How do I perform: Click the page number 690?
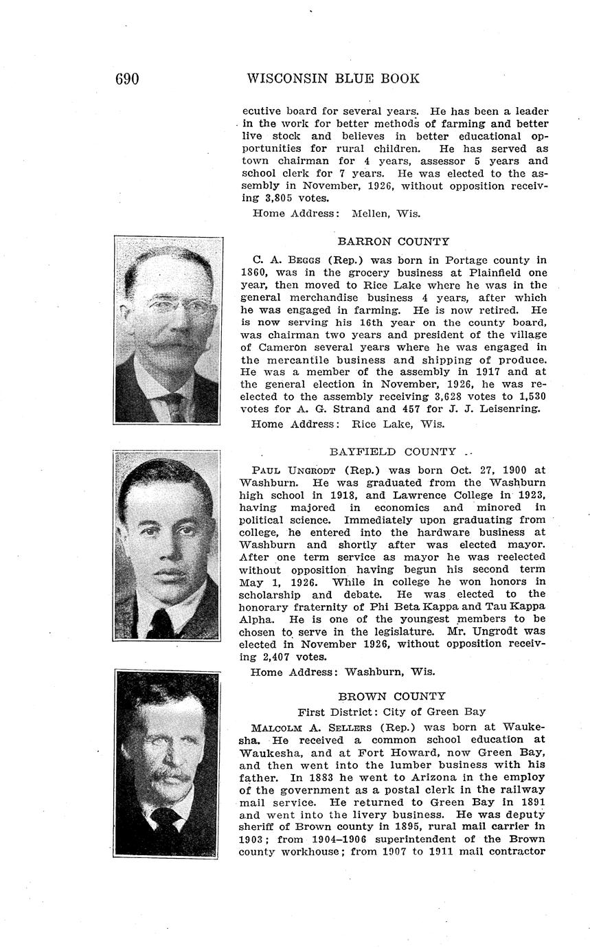[x=127, y=79]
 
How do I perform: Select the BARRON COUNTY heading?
[x=393, y=242]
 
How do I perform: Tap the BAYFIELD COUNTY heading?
[x=392, y=452]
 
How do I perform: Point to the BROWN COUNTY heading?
[x=392, y=696]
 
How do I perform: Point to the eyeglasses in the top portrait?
[x=168, y=305]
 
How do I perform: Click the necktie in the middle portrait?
[x=162, y=622]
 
